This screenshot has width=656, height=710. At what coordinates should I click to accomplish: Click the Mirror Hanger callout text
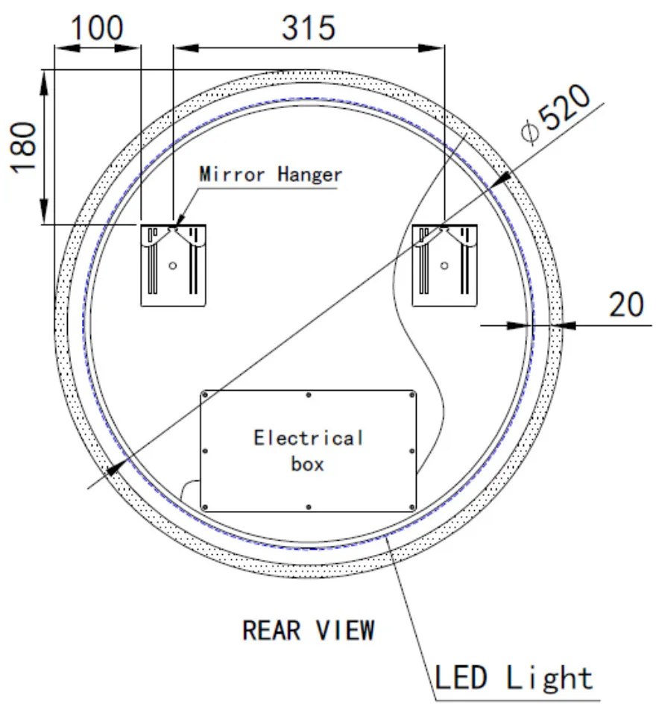pyautogui.click(x=271, y=175)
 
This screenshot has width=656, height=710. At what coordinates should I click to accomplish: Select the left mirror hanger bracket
pyautogui.click(x=173, y=265)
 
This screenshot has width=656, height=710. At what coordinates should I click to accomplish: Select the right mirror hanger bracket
pyautogui.click(x=445, y=265)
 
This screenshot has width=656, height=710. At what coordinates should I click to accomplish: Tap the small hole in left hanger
pyautogui.click(x=173, y=265)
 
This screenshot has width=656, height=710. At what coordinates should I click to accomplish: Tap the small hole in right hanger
pyautogui.click(x=445, y=265)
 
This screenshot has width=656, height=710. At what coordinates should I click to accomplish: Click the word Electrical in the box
pyautogui.click(x=308, y=437)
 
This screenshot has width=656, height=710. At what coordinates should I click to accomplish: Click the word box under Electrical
pyautogui.click(x=308, y=464)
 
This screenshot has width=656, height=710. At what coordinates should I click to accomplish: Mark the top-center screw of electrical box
pyautogui.click(x=308, y=394)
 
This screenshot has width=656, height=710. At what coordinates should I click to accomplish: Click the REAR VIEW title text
pyautogui.click(x=308, y=630)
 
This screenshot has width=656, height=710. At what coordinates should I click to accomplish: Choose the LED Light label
pyautogui.click(x=514, y=679)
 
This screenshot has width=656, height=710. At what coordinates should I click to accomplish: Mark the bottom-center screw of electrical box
pyautogui.click(x=308, y=507)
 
